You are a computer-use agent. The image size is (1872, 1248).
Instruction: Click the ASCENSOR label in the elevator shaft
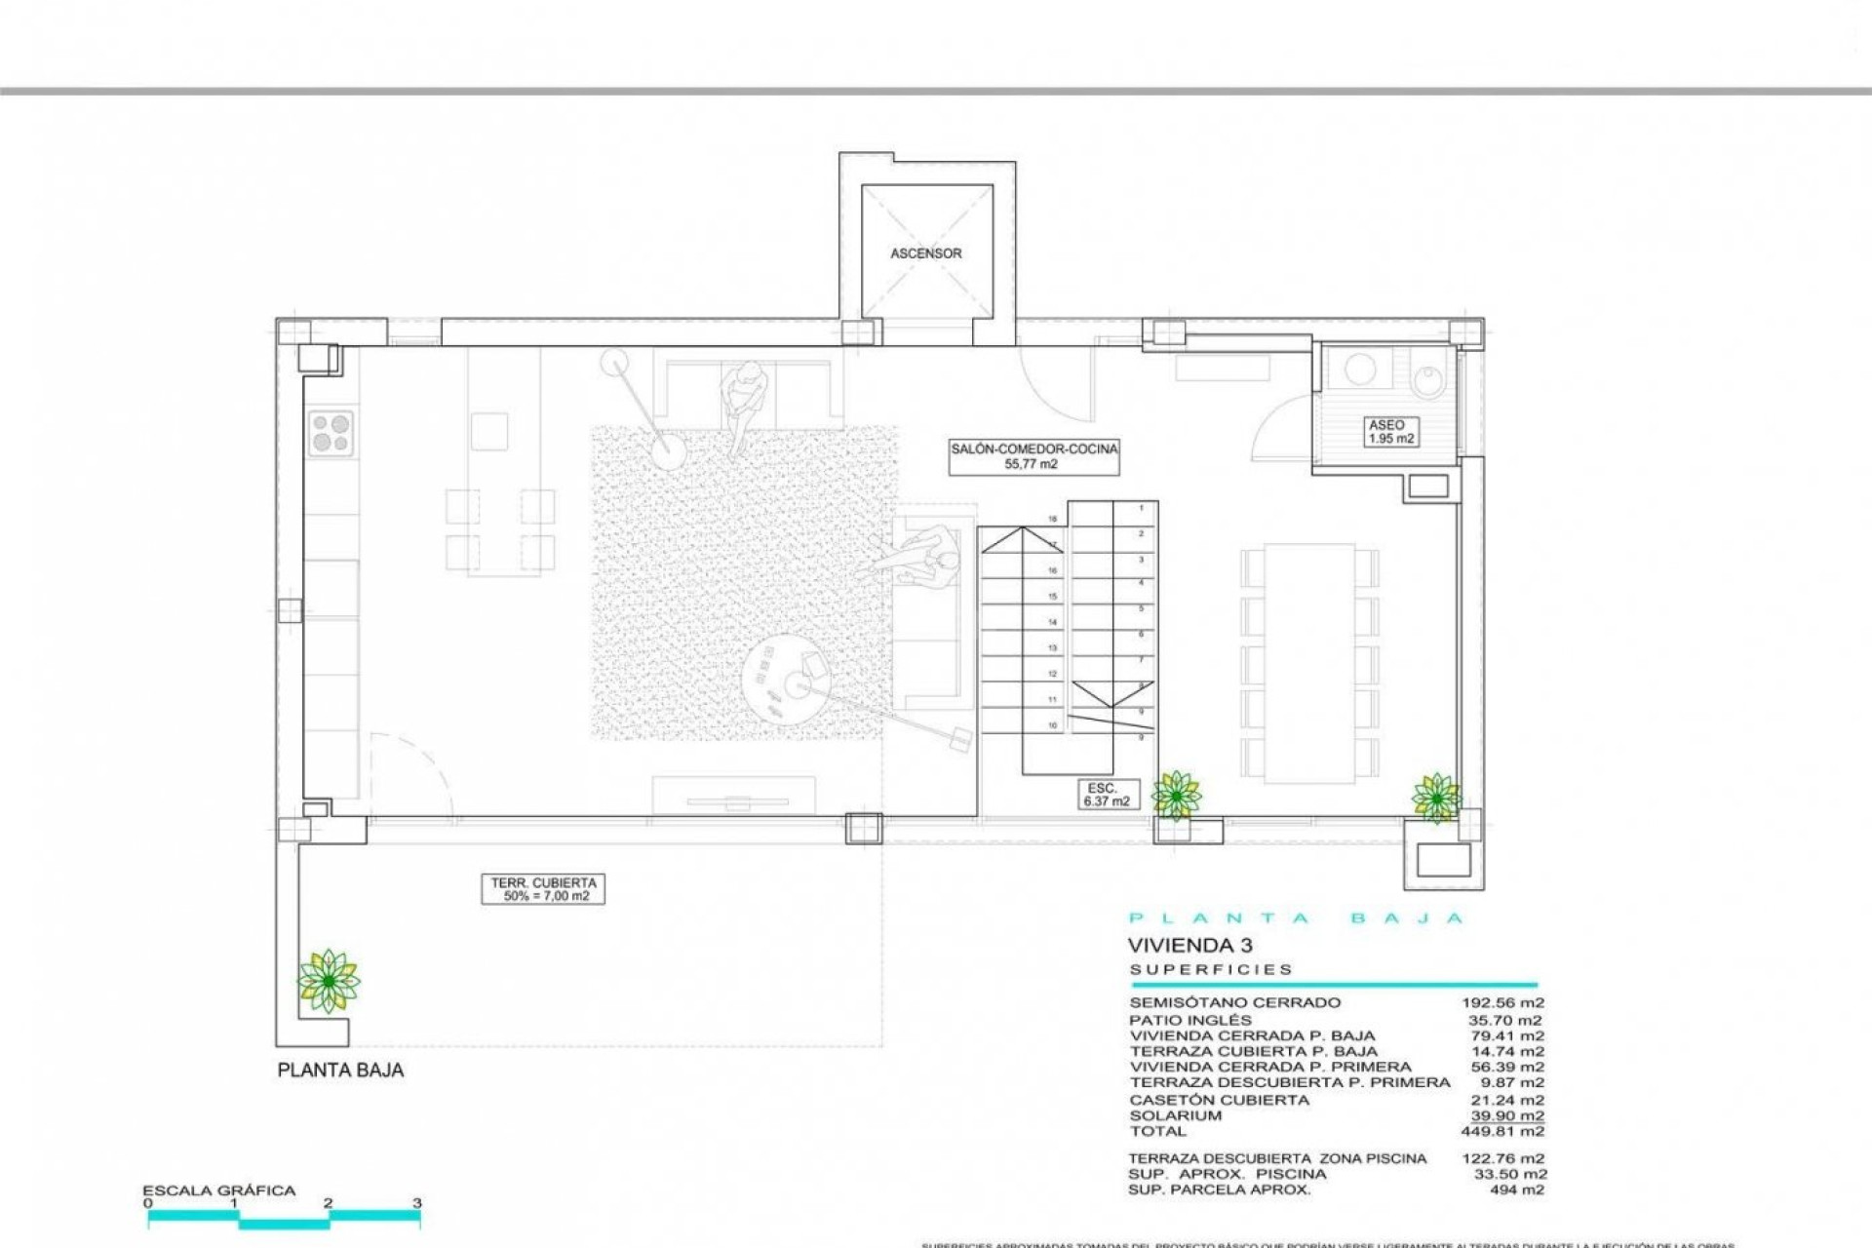coord(925,253)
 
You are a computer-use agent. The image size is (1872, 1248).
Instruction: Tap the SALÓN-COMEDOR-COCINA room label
coord(1033,456)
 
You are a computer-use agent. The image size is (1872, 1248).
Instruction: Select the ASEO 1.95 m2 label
coord(1390,432)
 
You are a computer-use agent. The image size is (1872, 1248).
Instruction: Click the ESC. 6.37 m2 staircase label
coord(1106,795)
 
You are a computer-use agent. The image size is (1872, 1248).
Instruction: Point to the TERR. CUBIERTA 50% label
coord(543,889)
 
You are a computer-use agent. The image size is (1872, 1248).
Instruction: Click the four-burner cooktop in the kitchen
coord(331,433)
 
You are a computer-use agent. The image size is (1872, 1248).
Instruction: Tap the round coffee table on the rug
coord(787,678)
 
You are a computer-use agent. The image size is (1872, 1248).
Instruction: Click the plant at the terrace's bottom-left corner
coord(329,981)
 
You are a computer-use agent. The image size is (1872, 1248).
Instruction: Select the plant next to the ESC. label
coord(1176,796)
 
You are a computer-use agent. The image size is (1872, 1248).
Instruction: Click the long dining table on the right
coord(1309,663)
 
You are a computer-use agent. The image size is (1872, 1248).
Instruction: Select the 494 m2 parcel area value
coord(1516,1189)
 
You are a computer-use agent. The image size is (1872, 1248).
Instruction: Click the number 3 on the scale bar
coord(416,1203)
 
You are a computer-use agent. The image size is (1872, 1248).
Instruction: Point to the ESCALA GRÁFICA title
coord(218,1190)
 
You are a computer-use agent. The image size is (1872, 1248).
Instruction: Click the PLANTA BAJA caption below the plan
coord(340,1070)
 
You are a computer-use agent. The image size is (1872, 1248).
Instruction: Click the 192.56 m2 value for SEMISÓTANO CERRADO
coord(1501,1002)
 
